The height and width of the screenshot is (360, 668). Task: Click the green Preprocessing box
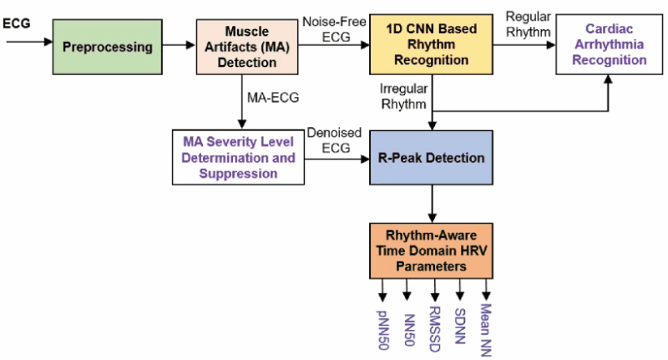tap(108, 47)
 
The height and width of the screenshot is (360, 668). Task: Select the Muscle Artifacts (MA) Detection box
tap(247, 47)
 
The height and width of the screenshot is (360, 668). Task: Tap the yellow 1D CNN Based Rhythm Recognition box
tap(431, 44)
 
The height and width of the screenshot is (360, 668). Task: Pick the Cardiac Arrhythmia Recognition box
tap(610, 44)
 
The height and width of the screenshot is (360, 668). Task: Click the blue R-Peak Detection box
tap(431, 158)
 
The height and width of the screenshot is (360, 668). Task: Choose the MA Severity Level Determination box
tap(238, 157)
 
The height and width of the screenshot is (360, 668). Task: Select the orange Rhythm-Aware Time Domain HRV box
tap(431, 251)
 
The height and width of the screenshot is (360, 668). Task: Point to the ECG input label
tap(17, 23)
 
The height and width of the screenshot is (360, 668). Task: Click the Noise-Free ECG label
tap(335, 29)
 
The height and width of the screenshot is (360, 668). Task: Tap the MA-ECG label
tap(273, 98)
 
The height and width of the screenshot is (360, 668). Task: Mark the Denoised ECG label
tap(335, 140)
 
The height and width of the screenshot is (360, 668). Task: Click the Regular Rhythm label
tap(529, 24)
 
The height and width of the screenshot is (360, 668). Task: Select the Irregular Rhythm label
tap(404, 96)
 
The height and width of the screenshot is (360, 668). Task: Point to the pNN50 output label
tap(383, 330)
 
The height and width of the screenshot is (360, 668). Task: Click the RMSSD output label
tap(434, 329)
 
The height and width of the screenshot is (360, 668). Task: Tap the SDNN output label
tap(460, 326)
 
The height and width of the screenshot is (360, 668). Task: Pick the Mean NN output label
tap(486, 330)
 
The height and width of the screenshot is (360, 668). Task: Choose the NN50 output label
tap(409, 330)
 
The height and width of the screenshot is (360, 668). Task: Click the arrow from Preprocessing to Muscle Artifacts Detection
tap(179, 45)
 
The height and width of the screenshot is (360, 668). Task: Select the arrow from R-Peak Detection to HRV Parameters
tap(432, 204)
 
